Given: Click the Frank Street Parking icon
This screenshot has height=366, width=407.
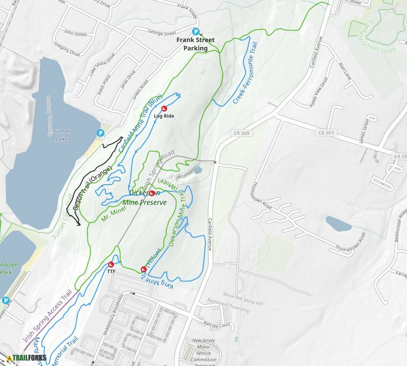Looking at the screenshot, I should (x=195, y=32).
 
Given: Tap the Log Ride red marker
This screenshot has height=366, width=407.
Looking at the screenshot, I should (x=164, y=109).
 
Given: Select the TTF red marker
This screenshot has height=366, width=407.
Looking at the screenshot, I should (x=111, y=264).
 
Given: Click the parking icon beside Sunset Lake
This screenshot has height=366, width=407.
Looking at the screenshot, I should (x=101, y=133).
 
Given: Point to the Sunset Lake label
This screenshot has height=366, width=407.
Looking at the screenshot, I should (x=61, y=135).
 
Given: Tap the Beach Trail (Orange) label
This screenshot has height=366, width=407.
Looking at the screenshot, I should (x=92, y=188).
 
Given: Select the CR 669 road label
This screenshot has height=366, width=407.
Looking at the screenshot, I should (x=243, y=133).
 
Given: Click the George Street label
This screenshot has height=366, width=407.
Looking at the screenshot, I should (x=162, y=34).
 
